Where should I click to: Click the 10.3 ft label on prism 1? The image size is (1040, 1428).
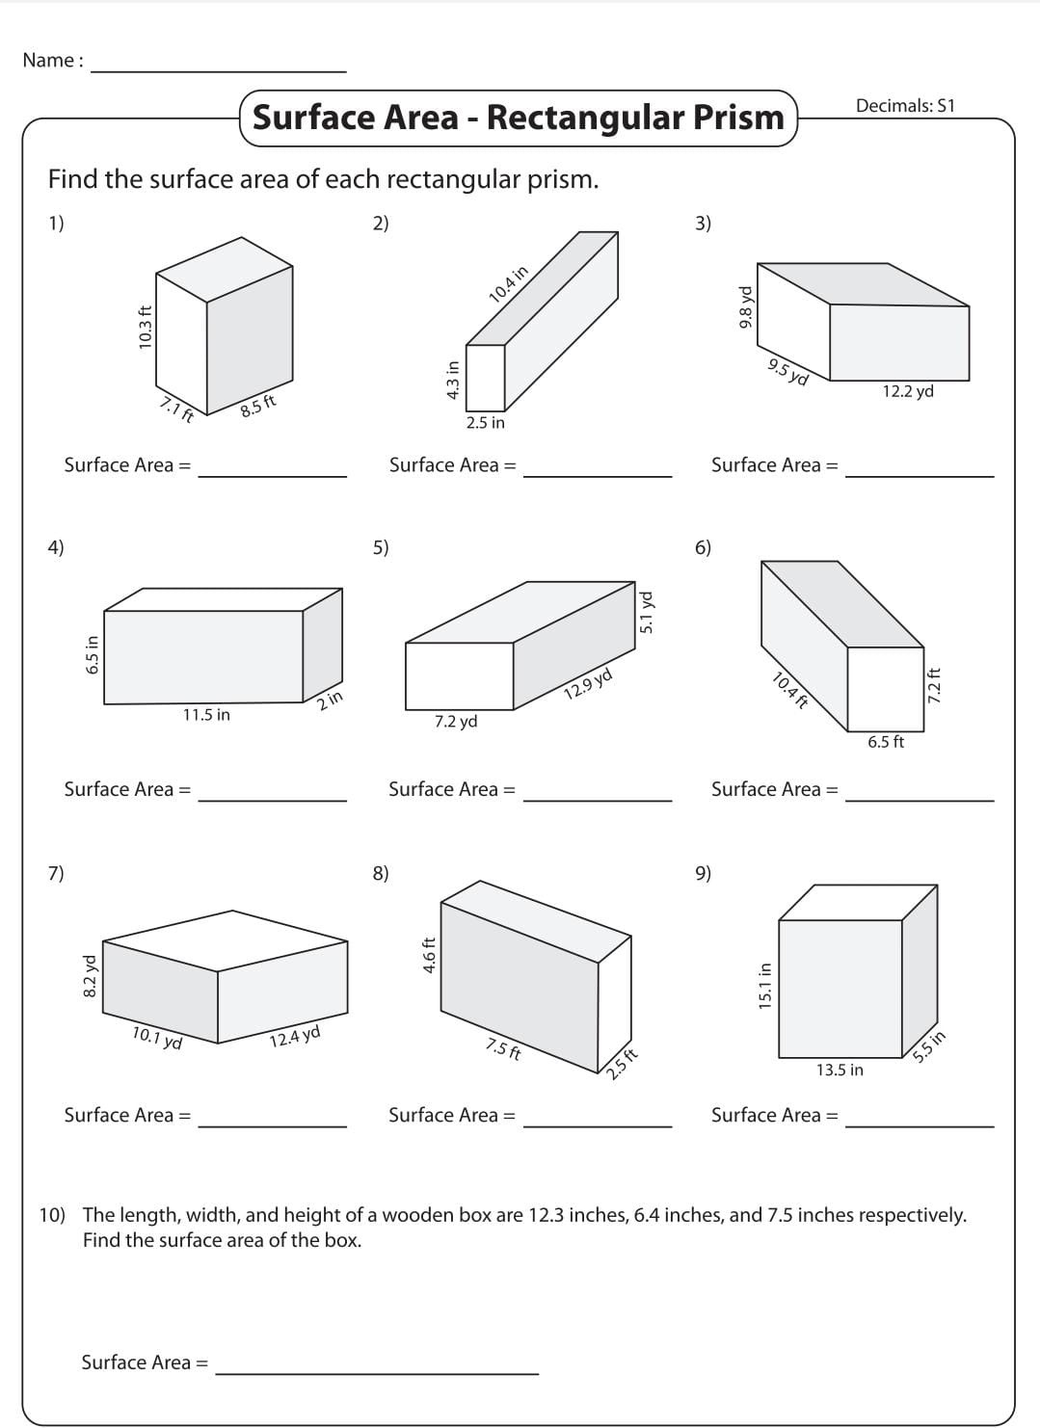click(x=146, y=327)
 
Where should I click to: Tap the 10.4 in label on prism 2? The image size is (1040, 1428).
click(x=508, y=284)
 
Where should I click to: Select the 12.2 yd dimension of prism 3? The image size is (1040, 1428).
click(x=908, y=391)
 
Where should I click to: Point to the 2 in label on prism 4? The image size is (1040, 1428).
click(x=331, y=701)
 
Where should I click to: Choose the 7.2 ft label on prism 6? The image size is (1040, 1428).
click(x=933, y=685)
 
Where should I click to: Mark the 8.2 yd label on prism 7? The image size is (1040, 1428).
click(x=90, y=975)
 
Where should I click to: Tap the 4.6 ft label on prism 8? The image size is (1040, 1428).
click(x=430, y=955)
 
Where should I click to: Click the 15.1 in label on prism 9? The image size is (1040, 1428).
click(x=765, y=986)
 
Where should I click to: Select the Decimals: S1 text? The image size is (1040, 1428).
click(x=904, y=106)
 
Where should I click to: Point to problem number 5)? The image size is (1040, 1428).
click(x=381, y=547)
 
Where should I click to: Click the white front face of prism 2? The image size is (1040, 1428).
click(x=485, y=377)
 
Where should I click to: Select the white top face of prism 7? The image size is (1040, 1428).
click(x=226, y=939)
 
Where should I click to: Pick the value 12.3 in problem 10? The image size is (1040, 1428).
click(x=547, y=1215)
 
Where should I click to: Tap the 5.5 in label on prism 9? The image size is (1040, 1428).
click(x=929, y=1046)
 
